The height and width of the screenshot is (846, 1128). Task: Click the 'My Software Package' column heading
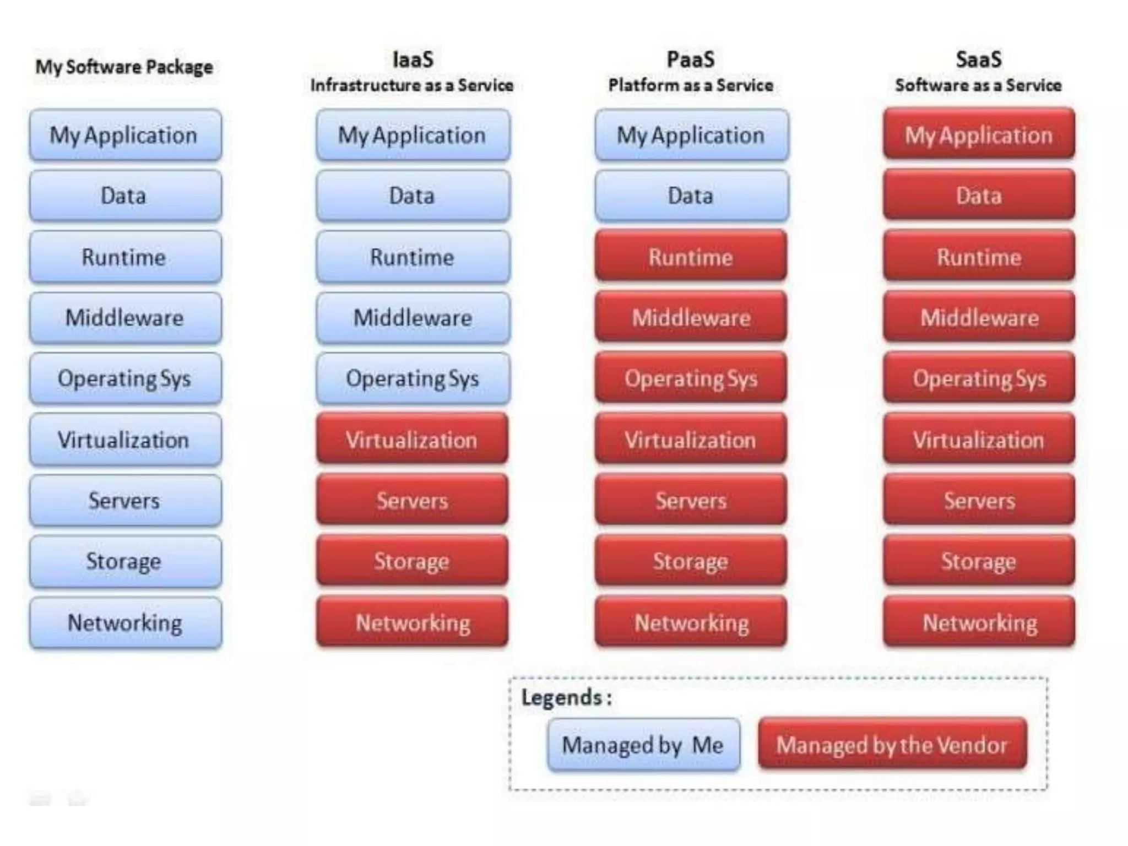124,67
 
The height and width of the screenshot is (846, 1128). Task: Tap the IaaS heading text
413,59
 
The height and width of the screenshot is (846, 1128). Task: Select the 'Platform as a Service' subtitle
691,85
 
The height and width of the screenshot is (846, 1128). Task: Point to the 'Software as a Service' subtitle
978,85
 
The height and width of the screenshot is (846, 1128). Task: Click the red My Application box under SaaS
979,134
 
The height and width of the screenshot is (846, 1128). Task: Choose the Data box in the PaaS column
691,196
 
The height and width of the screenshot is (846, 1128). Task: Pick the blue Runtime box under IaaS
413,257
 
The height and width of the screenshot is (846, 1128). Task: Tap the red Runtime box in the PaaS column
691,257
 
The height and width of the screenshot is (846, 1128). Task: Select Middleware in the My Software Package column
125,318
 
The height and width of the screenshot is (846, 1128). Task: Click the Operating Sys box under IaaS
413,378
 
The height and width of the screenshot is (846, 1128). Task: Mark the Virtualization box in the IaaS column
412,440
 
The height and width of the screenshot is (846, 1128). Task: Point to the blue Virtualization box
125,440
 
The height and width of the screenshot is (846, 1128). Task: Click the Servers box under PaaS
691,500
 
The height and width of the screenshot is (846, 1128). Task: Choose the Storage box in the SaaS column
979,561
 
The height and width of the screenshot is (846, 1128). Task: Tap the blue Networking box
125,622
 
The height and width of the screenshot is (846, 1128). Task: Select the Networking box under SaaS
979,622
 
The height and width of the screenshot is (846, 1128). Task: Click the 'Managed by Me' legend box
643,745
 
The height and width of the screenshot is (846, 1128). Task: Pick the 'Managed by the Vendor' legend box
892,745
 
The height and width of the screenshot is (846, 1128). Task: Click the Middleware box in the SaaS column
979,318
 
